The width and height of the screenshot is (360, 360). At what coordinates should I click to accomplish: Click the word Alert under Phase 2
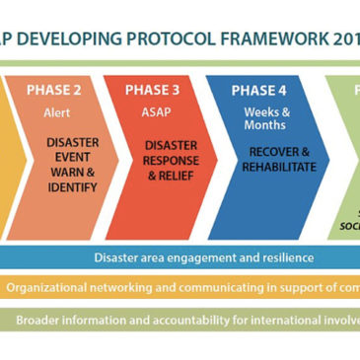(57, 112)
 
